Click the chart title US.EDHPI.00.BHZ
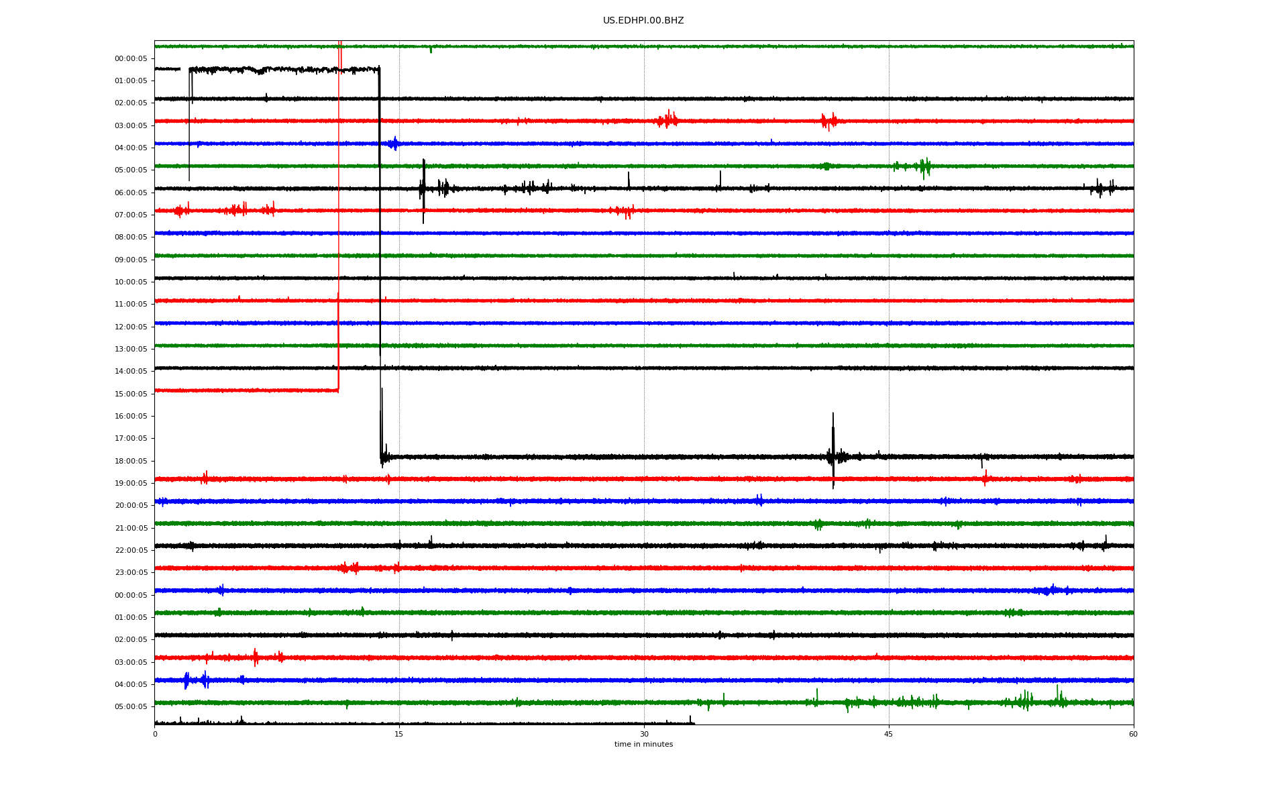pyautogui.click(x=643, y=21)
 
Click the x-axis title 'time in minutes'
pyautogui.click(x=643, y=744)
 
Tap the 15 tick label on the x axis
pyautogui.click(x=399, y=734)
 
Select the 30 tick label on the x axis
pyautogui.click(x=644, y=734)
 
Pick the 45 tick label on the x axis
pyautogui.click(x=889, y=734)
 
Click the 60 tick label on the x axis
pyautogui.click(x=1133, y=734)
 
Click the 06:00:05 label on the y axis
pyautogui.click(x=131, y=193)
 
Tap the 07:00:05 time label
pyautogui.click(x=131, y=215)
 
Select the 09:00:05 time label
pyautogui.click(x=131, y=260)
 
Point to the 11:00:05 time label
pyautogui.click(x=131, y=304)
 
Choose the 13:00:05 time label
pyautogui.click(x=131, y=349)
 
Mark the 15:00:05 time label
pyautogui.click(x=131, y=394)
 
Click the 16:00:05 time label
pyautogui.click(x=131, y=416)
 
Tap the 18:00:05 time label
pyautogui.click(x=131, y=461)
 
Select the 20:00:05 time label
pyautogui.click(x=131, y=505)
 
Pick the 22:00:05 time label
pyautogui.click(x=131, y=550)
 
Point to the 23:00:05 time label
pyautogui.click(x=131, y=572)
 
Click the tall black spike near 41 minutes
pyautogui.click(x=833, y=450)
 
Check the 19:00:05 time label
pyautogui.click(x=131, y=483)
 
